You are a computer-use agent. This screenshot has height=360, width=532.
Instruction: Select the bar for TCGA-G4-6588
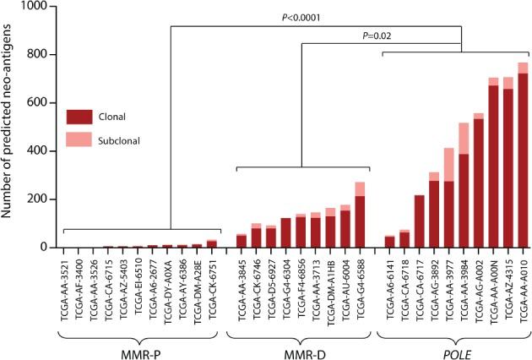(x=361, y=215)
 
